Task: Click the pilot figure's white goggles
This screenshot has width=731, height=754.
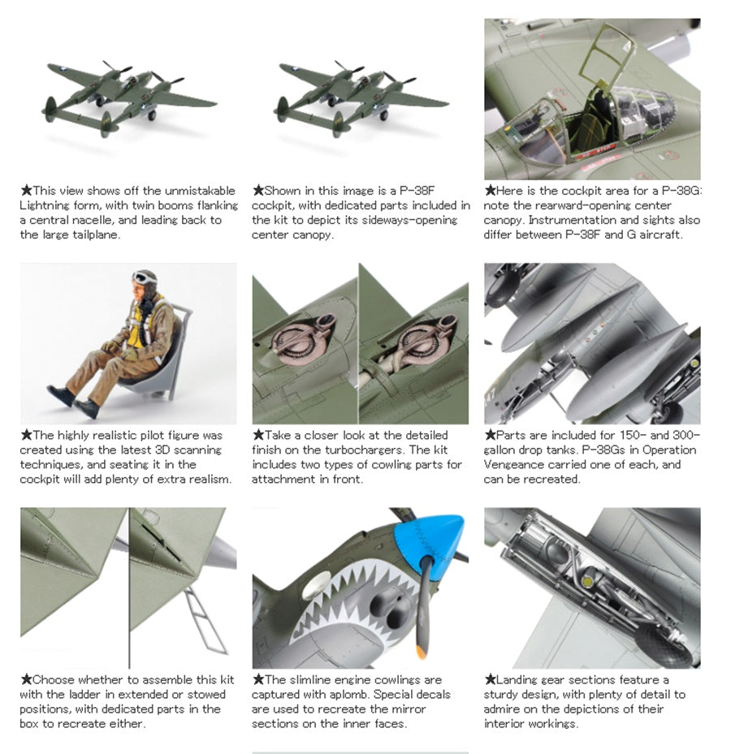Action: (x=142, y=278)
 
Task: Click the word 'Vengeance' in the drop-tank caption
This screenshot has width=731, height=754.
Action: (x=512, y=465)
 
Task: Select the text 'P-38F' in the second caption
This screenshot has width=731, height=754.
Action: (x=417, y=191)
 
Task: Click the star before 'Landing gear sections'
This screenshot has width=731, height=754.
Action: (x=490, y=679)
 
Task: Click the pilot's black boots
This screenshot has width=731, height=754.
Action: (x=73, y=401)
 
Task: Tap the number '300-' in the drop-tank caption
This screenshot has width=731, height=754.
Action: (x=686, y=435)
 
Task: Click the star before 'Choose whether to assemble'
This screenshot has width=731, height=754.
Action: (x=26, y=679)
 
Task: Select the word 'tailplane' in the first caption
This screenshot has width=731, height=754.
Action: (x=94, y=235)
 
